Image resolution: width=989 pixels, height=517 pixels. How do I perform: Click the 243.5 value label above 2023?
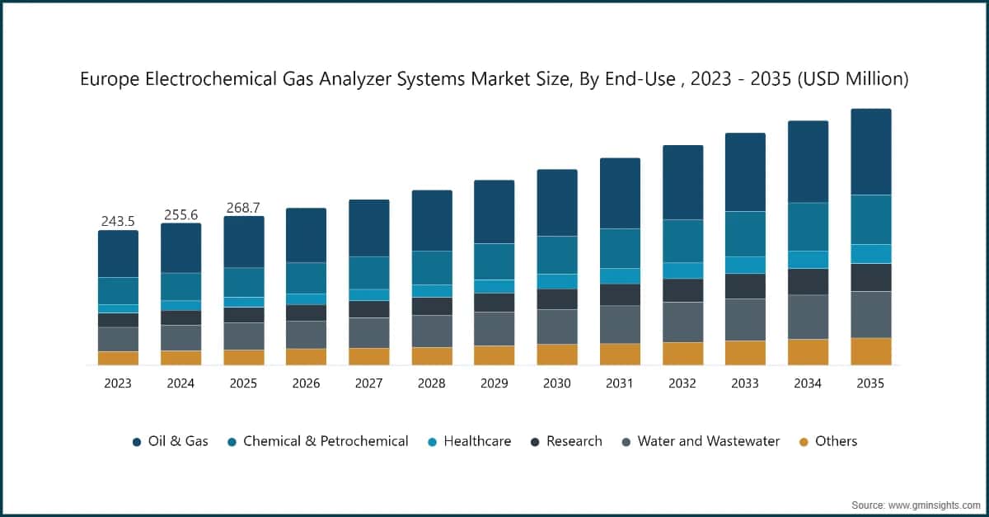[x=118, y=221]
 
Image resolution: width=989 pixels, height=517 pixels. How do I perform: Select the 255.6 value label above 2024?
[x=180, y=214]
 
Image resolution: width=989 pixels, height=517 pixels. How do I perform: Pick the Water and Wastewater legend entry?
[x=700, y=441]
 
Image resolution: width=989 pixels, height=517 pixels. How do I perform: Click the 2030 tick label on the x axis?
[x=556, y=383]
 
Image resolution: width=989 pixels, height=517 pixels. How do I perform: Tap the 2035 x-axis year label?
[x=870, y=383]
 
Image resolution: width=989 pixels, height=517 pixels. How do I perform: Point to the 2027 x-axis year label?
[x=368, y=383]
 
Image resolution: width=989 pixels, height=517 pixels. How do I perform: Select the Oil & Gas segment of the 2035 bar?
[x=870, y=152]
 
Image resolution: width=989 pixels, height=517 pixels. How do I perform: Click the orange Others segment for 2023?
[x=118, y=358]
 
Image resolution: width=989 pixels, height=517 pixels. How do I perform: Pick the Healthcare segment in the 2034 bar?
[x=808, y=260]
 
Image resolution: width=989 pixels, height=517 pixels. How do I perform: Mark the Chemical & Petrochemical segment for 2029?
[x=494, y=261]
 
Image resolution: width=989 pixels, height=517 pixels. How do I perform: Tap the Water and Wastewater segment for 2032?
[x=682, y=322]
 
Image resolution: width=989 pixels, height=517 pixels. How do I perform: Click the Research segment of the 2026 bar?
[x=306, y=313]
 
